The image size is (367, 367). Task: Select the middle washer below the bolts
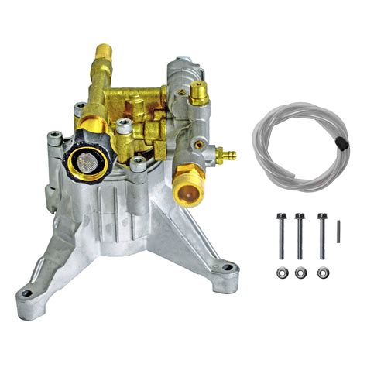pyautogui.click(x=300, y=272)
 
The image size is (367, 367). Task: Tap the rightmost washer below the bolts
pyautogui.click(x=322, y=272)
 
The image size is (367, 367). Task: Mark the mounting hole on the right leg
pyautogui.click(x=226, y=268)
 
